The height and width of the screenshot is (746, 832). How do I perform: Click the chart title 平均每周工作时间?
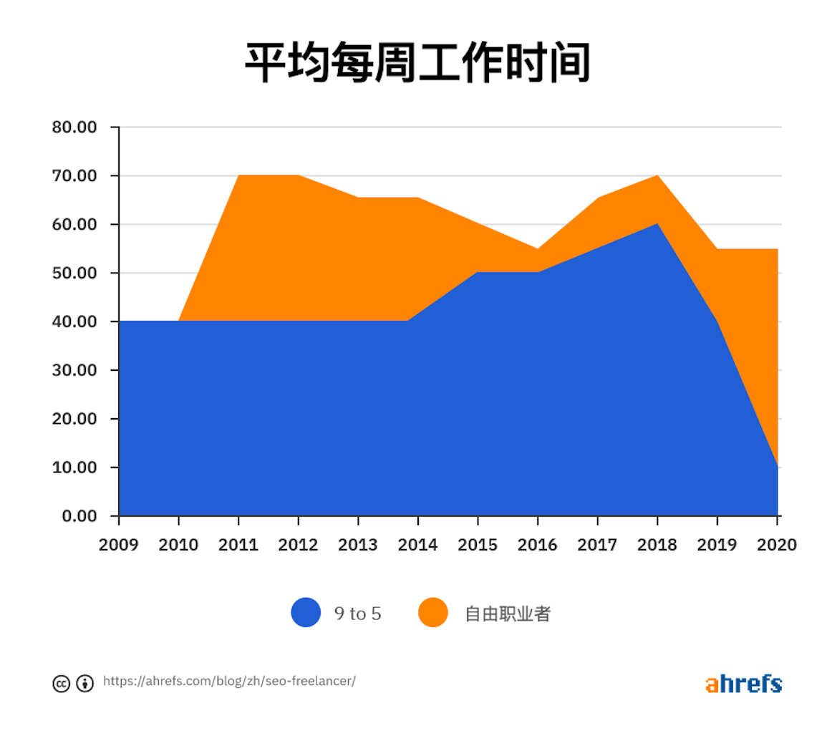(417, 63)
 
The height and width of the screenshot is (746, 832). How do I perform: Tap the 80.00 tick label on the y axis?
(74, 127)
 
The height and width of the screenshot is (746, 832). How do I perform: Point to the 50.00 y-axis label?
(74, 273)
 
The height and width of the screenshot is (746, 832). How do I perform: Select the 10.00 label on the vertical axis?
(74, 468)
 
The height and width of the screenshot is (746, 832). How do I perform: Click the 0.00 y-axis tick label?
(79, 516)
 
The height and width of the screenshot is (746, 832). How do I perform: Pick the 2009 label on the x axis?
(119, 545)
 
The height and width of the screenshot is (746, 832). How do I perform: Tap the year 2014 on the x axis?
(417, 545)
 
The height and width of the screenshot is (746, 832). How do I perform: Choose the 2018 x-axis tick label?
(657, 545)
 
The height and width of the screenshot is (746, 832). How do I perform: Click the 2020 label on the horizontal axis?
(776, 545)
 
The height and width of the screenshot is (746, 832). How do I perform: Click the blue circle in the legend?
(306, 613)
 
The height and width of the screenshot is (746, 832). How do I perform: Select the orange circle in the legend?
(432, 613)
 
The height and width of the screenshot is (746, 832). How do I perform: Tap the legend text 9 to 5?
(357, 614)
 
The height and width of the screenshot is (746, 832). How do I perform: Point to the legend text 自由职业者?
(507, 614)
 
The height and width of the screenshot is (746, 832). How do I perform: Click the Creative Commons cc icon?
(62, 683)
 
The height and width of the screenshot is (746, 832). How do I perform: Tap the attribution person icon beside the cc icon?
(85, 683)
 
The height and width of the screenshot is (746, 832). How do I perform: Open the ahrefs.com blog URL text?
(229, 681)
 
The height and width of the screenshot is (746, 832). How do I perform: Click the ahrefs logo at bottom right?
(743, 684)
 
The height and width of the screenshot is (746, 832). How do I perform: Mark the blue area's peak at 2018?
(657, 224)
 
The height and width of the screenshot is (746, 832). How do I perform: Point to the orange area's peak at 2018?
(657, 175)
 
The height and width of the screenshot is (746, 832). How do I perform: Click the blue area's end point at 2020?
(777, 468)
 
